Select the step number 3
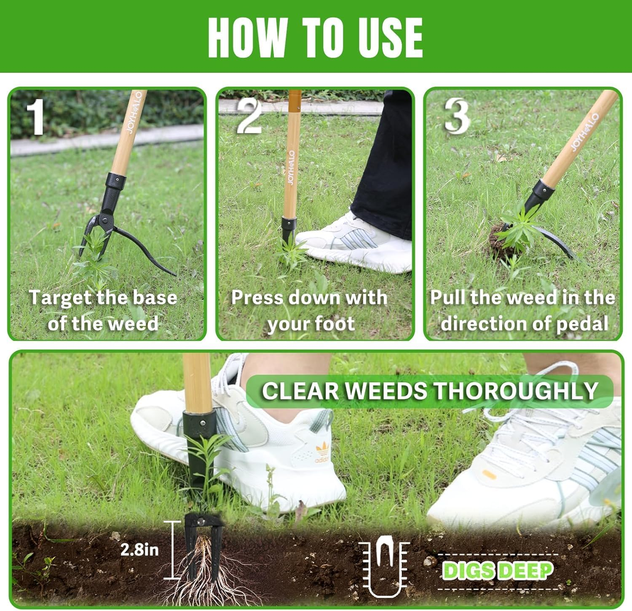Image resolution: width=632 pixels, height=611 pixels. click(x=457, y=116)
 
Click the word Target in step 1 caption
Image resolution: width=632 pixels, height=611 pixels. click(x=60, y=298)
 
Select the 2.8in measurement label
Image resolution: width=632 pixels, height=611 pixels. click(x=139, y=550)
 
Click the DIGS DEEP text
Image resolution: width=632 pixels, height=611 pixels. click(x=498, y=571)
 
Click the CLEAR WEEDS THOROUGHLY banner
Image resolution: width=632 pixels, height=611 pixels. click(x=430, y=391)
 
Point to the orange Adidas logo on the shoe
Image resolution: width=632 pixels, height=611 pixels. click(x=322, y=454)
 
